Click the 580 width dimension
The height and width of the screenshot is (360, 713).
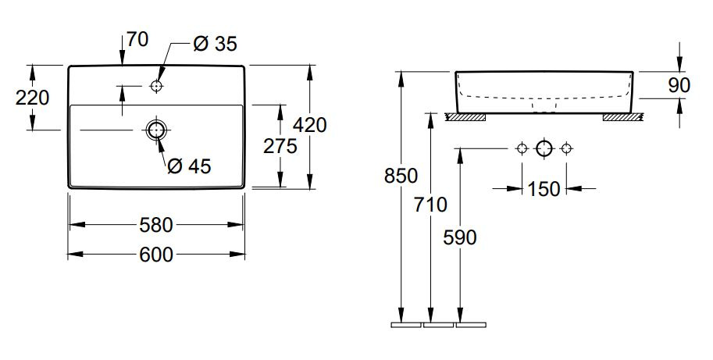(156, 225)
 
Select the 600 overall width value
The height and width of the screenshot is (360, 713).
(156, 255)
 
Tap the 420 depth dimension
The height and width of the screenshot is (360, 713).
(309, 124)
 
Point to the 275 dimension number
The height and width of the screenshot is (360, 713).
(280, 146)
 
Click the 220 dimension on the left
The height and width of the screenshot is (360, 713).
(32, 98)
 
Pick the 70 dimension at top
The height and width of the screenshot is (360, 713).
(137, 40)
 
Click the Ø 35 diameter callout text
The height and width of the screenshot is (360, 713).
(215, 44)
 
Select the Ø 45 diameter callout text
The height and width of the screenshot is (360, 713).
(189, 166)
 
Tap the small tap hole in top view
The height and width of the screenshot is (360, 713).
(156, 86)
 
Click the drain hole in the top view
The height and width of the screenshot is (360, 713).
(156, 130)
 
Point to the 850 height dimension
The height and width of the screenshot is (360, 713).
(401, 176)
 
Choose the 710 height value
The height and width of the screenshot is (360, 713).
(430, 205)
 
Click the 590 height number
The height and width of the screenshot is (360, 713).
(460, 237)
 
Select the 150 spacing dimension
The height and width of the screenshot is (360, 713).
(544, 189)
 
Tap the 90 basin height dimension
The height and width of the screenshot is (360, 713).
(679, 85)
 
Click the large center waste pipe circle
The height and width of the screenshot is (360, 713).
(544, 148)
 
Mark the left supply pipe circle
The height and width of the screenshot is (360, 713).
(522, 148)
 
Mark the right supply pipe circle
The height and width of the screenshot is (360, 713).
(566, 148)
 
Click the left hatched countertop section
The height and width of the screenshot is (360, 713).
(465, 117)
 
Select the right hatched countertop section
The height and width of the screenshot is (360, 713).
(622, 117)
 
